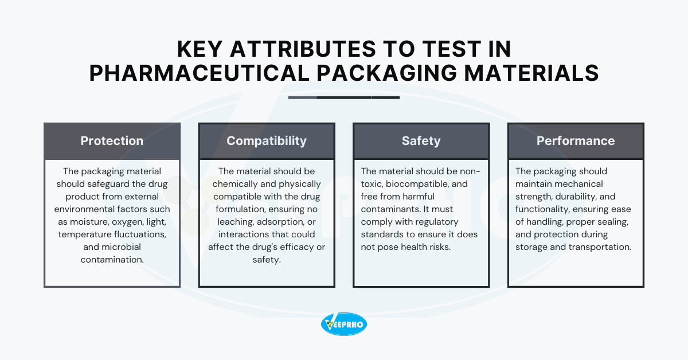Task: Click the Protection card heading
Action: pyautogui.click(x=112, y=141)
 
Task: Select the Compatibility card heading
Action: pyautogui.click(x=267, y=141)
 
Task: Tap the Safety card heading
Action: pyautogui.click(x=421, y=141)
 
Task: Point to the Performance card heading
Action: pyautogui.click(x=576, y=141)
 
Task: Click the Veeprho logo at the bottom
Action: pyautogui.click(x=343, y=324)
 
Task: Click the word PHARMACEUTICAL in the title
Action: pyautogui.click(x=199, y=73)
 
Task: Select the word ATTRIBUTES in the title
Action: pyautogui.click(x=303, y=49)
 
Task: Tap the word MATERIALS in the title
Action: pyautogui.click(x=531, y=73)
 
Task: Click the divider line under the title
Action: pyautogui.click(x=344, y=97)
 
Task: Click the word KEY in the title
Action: pyautogui.click(x=200, y=49)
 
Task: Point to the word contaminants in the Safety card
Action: pyautogui.click(x=390, y=209)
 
